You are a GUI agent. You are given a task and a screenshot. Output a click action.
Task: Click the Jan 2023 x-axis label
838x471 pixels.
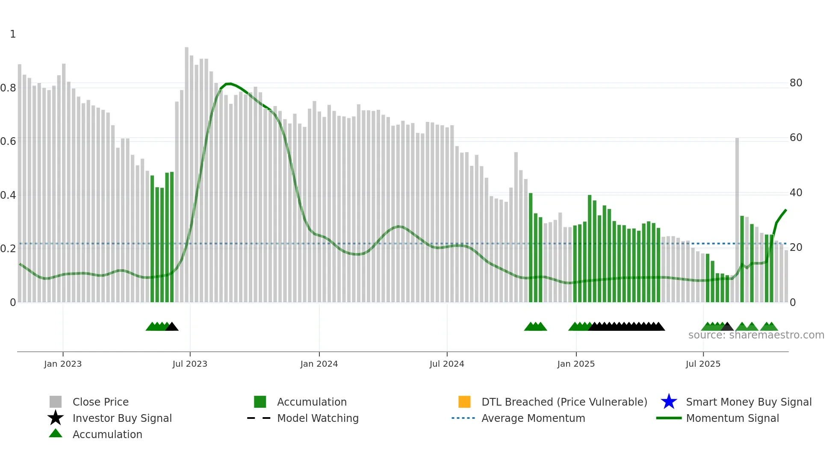pos(62,364)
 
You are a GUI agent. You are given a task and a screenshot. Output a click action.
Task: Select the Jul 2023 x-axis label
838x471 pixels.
pos(190,364)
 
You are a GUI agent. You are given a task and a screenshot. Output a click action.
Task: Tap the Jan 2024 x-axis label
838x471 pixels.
pos(319,364)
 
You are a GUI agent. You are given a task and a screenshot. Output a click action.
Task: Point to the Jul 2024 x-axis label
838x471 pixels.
pos(447,364)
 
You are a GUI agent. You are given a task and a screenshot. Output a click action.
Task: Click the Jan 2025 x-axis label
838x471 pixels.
pos(576,364)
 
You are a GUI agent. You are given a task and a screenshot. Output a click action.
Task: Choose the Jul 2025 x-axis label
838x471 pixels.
pos(703,364)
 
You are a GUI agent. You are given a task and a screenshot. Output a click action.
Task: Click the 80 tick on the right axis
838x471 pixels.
pos(796,83)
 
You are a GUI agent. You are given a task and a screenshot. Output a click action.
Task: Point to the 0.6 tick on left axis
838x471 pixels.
pos(8,141)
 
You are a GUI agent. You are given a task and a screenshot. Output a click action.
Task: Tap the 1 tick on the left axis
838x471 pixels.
pos(13,34)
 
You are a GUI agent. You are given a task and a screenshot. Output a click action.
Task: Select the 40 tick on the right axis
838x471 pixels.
pos(796,193)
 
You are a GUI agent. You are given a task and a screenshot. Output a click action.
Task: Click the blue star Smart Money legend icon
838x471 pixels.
pos(669,402)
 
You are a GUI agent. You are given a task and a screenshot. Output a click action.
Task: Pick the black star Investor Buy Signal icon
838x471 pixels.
pos(56,418)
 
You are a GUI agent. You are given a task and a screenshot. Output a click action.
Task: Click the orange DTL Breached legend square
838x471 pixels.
pos(464,402)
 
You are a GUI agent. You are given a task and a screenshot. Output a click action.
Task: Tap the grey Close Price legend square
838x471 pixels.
pos(56,402)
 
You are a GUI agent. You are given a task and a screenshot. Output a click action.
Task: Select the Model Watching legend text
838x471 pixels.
pos(318,418)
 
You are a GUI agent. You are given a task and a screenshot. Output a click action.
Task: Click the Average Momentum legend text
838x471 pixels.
pos(533,418)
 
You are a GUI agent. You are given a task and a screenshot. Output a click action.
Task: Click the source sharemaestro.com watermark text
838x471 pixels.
pos(756,335)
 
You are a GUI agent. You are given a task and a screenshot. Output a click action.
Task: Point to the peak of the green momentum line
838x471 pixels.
pos(229,84)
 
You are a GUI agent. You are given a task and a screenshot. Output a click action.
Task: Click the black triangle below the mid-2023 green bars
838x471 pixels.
pos(172,327)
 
